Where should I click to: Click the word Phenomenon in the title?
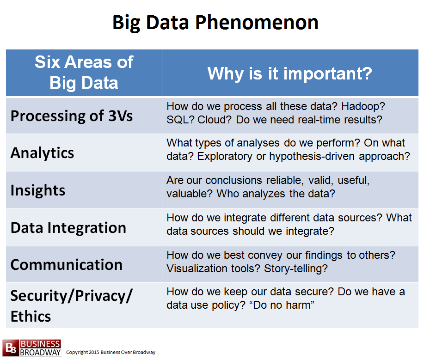[x=257, y=23]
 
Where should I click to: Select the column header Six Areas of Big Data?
[x=84, y=72]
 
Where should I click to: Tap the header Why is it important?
[x=289, y=73]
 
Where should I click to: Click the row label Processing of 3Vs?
[x=72, y=116]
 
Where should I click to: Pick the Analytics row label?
[x=42, y=153]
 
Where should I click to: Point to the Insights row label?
[x=38, y=190]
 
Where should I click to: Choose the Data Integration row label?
[x=68, y=227]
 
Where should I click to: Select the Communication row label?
[x=67, y=265]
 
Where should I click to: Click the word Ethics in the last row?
[x=31, y=316]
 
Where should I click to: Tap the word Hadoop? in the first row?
[x=363, y=106]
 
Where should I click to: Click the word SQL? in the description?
[x=180, y=120]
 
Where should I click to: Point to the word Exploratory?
[x=225, y=157]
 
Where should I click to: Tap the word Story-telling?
[x=296, y=268]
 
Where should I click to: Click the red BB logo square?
[x=11, y=348]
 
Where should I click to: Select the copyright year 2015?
[x=94, y=352]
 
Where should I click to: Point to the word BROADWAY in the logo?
[x=40, y=353]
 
